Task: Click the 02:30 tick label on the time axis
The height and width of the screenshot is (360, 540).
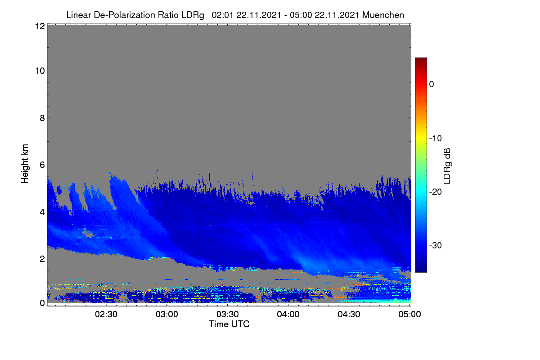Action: (x=106, y=315)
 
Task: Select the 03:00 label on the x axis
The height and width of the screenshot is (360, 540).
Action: (x=167, y=315)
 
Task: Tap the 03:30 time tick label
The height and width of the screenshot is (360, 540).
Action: (x=228, y=315)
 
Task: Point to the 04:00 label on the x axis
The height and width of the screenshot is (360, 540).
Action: (x=288, y=315)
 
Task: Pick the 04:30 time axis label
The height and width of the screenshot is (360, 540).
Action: (x=349, y=315)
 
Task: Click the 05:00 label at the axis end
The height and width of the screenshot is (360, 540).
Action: (x=409, y=315)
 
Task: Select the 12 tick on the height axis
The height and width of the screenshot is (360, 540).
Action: (x=40, y=26)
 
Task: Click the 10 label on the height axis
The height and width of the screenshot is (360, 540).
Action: (x=40, y=71)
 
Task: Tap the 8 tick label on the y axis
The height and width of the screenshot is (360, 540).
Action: (x=42, y=118)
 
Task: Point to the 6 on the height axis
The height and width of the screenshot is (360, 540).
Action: (x=42, y=165)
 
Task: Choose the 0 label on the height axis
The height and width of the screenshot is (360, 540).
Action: (x=42, y=303)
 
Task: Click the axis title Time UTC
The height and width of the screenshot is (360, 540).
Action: (x=229, y=324)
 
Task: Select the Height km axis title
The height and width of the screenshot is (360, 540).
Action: (x=25, y=164)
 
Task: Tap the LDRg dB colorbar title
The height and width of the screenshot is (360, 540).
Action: (x=447, y=166)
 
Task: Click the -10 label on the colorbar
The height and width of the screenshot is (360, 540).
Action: (x=436, y=139)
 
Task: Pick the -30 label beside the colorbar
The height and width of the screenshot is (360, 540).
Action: (x=436, y=245)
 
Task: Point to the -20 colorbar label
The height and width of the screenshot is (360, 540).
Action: (x=436, y=192)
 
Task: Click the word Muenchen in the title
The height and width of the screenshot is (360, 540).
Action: (x=383, y=15)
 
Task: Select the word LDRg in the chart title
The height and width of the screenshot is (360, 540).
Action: (x=193, y=15)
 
